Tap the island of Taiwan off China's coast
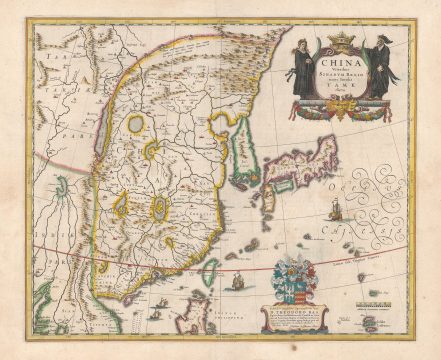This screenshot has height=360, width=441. click(x=211, y=272)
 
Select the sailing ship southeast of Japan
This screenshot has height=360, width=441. click(x=336, y=211)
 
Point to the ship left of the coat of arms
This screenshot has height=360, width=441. click(x=239, y=281)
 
